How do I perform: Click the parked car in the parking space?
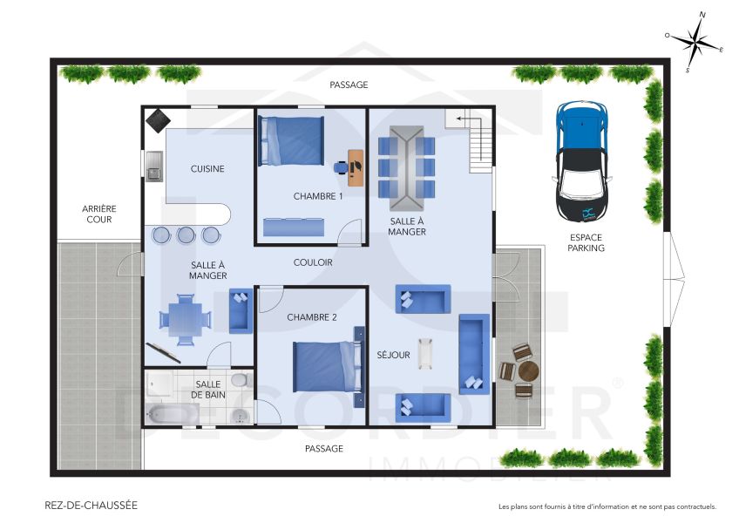click(581, 162)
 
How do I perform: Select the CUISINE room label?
click(207, 169)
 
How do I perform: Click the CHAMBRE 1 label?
click(317, 196)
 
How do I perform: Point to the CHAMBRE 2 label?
click(311, 317)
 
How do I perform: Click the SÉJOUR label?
click(393, 355)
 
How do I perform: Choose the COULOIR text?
click(312, 262)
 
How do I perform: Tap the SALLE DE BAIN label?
click(207, 390)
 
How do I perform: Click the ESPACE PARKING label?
click(586, 242)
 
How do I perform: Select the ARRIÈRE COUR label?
click(98, 214)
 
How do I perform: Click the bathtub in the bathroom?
click(173, 413)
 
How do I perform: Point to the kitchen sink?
click(154, 166)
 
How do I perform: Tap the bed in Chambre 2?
click(326, 366)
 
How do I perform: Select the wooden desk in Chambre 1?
click(356, 167)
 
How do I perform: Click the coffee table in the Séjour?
click(425, 353)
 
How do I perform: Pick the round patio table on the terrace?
click(528, 371)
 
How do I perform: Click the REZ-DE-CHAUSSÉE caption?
click(91, 505)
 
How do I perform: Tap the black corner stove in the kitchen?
click(157, 119)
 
